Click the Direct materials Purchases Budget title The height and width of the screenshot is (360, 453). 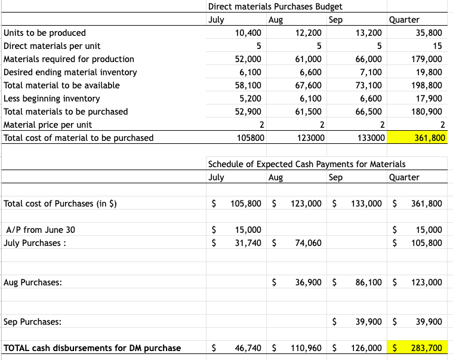pos(275,7)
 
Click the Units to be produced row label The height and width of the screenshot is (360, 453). pos(45,33)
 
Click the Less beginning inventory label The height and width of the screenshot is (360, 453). pos(52,99)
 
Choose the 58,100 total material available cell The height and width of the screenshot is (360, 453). pos(248,85)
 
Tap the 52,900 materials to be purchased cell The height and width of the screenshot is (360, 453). pos(248,112)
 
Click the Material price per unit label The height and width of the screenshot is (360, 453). pos(48,125)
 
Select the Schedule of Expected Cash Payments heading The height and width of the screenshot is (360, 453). pos(306,164)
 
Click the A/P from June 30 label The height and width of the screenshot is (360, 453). pos(40,230)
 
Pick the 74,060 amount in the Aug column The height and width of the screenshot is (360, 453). pos(308,243)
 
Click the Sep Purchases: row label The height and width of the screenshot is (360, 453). pos(32,322)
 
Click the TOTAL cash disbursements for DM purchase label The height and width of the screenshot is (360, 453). pos(93,348)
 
